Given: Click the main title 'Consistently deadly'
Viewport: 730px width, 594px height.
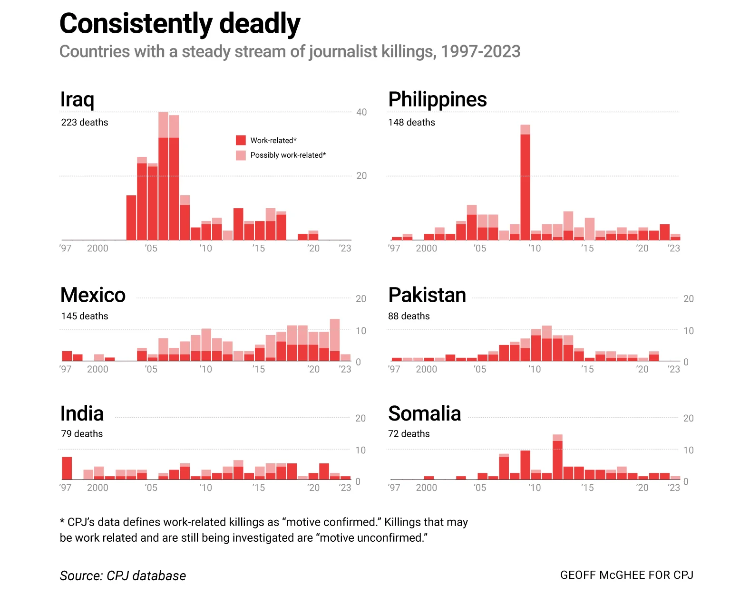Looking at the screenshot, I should [x=180, y=24].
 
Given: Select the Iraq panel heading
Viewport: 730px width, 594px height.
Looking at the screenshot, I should [x=77, y=99].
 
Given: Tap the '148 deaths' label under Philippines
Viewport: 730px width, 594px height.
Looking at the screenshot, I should [x=411, y=123].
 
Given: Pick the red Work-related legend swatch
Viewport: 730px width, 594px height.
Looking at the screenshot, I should [x=241, y=140].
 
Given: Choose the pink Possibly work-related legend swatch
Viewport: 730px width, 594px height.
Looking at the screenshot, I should [x=241, y=155].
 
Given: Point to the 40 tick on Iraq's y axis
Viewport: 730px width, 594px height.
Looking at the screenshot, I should [x=361, y=112].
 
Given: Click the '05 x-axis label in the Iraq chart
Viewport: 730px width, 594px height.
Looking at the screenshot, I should [x=151, y=248].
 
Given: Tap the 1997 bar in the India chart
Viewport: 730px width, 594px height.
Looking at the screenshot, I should [x=67, y=469].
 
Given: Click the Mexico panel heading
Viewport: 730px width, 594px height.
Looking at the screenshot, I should [x=93, y=295].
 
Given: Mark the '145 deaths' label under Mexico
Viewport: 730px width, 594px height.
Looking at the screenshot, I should [x=85, y=316].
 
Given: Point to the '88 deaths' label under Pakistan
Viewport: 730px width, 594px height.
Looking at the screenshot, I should [x=409, y=316].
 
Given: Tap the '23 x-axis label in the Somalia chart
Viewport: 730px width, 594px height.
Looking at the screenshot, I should [x=673, y=488].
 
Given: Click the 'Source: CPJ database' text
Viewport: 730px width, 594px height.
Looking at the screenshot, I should [x=123, y=576].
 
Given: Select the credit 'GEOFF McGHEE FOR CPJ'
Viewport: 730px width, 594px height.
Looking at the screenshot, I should [x=626, y=575].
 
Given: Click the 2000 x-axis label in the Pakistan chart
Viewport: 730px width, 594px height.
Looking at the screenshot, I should [x=426, y=369].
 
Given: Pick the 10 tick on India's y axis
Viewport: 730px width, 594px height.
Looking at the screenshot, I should [x=361, y=450].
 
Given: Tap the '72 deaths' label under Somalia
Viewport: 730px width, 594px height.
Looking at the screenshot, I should [x=409, y=434].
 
